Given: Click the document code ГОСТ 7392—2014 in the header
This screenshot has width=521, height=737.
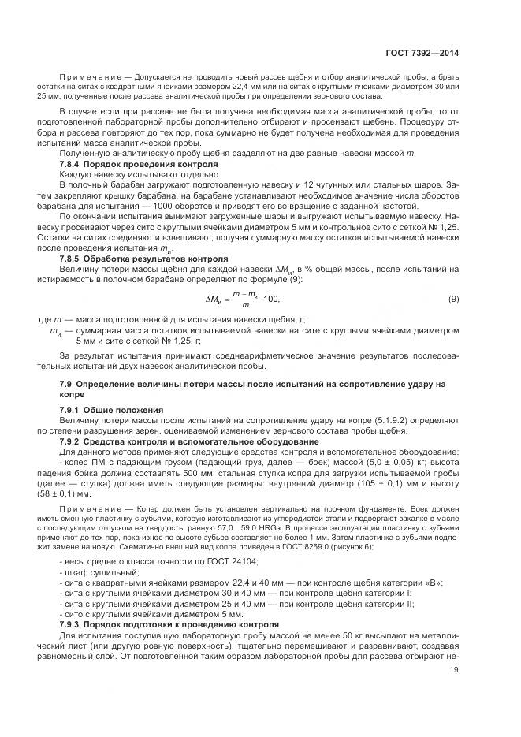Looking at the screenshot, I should (x=422, y=53).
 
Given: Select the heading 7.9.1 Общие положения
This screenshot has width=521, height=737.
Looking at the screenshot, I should (x=111, y=410).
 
